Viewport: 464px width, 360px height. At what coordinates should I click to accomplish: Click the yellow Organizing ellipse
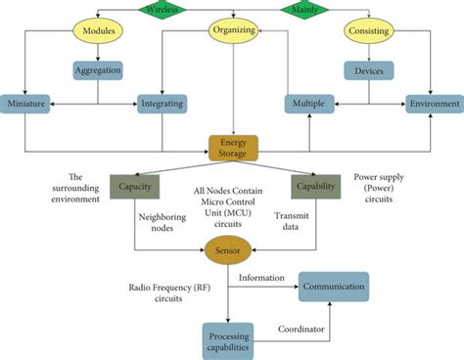click(x=233, y=30)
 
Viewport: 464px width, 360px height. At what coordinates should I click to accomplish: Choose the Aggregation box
click(x=98, y=70)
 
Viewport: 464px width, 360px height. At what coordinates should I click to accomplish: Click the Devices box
click(x=369, y=70)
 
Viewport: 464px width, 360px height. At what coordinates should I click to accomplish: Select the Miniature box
click(x=28, y=103)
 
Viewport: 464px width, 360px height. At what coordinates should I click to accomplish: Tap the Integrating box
click(x=162, y=103)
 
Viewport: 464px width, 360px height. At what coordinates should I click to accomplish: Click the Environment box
click(x=434, y=103)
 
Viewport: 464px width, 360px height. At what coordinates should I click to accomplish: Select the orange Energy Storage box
click(x=233, y=148)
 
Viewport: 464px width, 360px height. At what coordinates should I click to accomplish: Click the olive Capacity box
click(x=135, y=186)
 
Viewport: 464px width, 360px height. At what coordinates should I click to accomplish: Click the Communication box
click(x=334, y=287)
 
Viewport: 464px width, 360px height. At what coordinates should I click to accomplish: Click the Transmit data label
click(x=292, y=222)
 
